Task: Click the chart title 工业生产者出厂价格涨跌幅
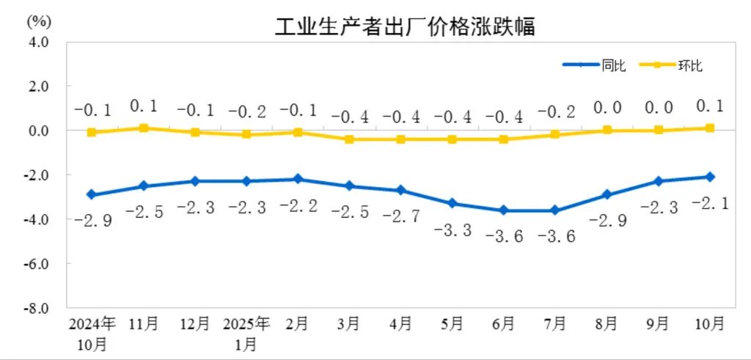click(x=404, y=27)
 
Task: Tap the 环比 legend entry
click(x=689, y=65)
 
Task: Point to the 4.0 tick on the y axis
click(x=38, y=42)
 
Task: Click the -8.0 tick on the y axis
click(x=37, y=307)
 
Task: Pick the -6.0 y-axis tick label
click(x=37, y=263)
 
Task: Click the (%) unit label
click(x=36, y=20)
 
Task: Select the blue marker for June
click(x=503, y=210)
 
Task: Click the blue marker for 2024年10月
click(x=92, y=194)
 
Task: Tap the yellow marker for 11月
click(x=144, y=128)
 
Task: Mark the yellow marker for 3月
click(x=349, y=139)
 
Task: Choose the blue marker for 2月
click(x=298, y=179)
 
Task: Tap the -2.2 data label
click(x=298, y=207)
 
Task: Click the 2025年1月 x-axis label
click(x=246, y=332)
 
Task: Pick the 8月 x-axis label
click(x=607, y=323)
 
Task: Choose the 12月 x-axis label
click(x=195, y=323)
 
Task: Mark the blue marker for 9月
click(x=658, y=181)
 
